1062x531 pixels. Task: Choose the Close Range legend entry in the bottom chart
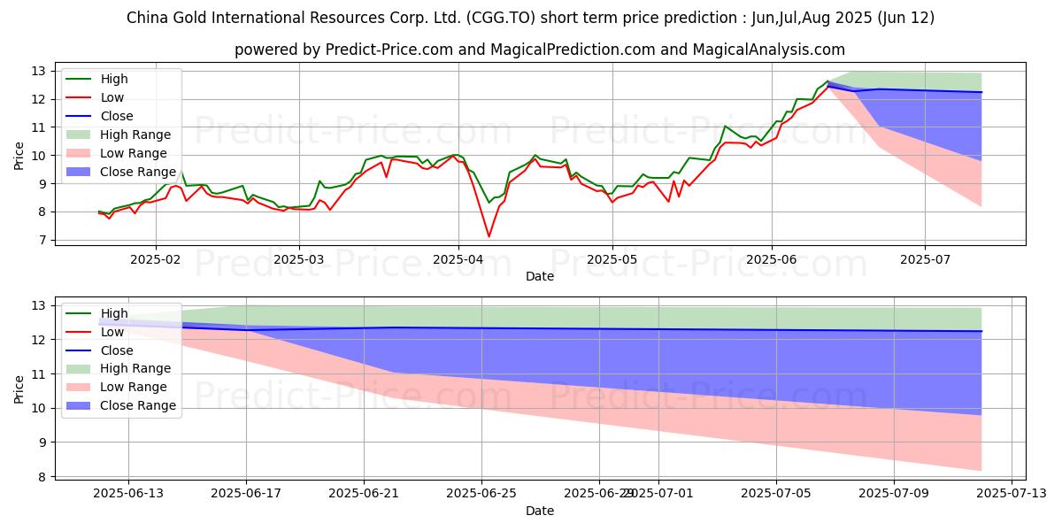138,405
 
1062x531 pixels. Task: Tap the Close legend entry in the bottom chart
117,350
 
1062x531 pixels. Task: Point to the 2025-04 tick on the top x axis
458,260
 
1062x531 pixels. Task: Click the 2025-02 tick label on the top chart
156,260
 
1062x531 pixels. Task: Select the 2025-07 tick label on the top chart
925,260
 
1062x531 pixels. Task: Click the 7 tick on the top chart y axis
41,241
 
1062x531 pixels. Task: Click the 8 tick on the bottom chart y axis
41,477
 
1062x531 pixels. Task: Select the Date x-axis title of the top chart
540,276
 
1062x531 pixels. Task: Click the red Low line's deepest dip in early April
489,236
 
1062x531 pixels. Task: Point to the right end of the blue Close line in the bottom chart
981,331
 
